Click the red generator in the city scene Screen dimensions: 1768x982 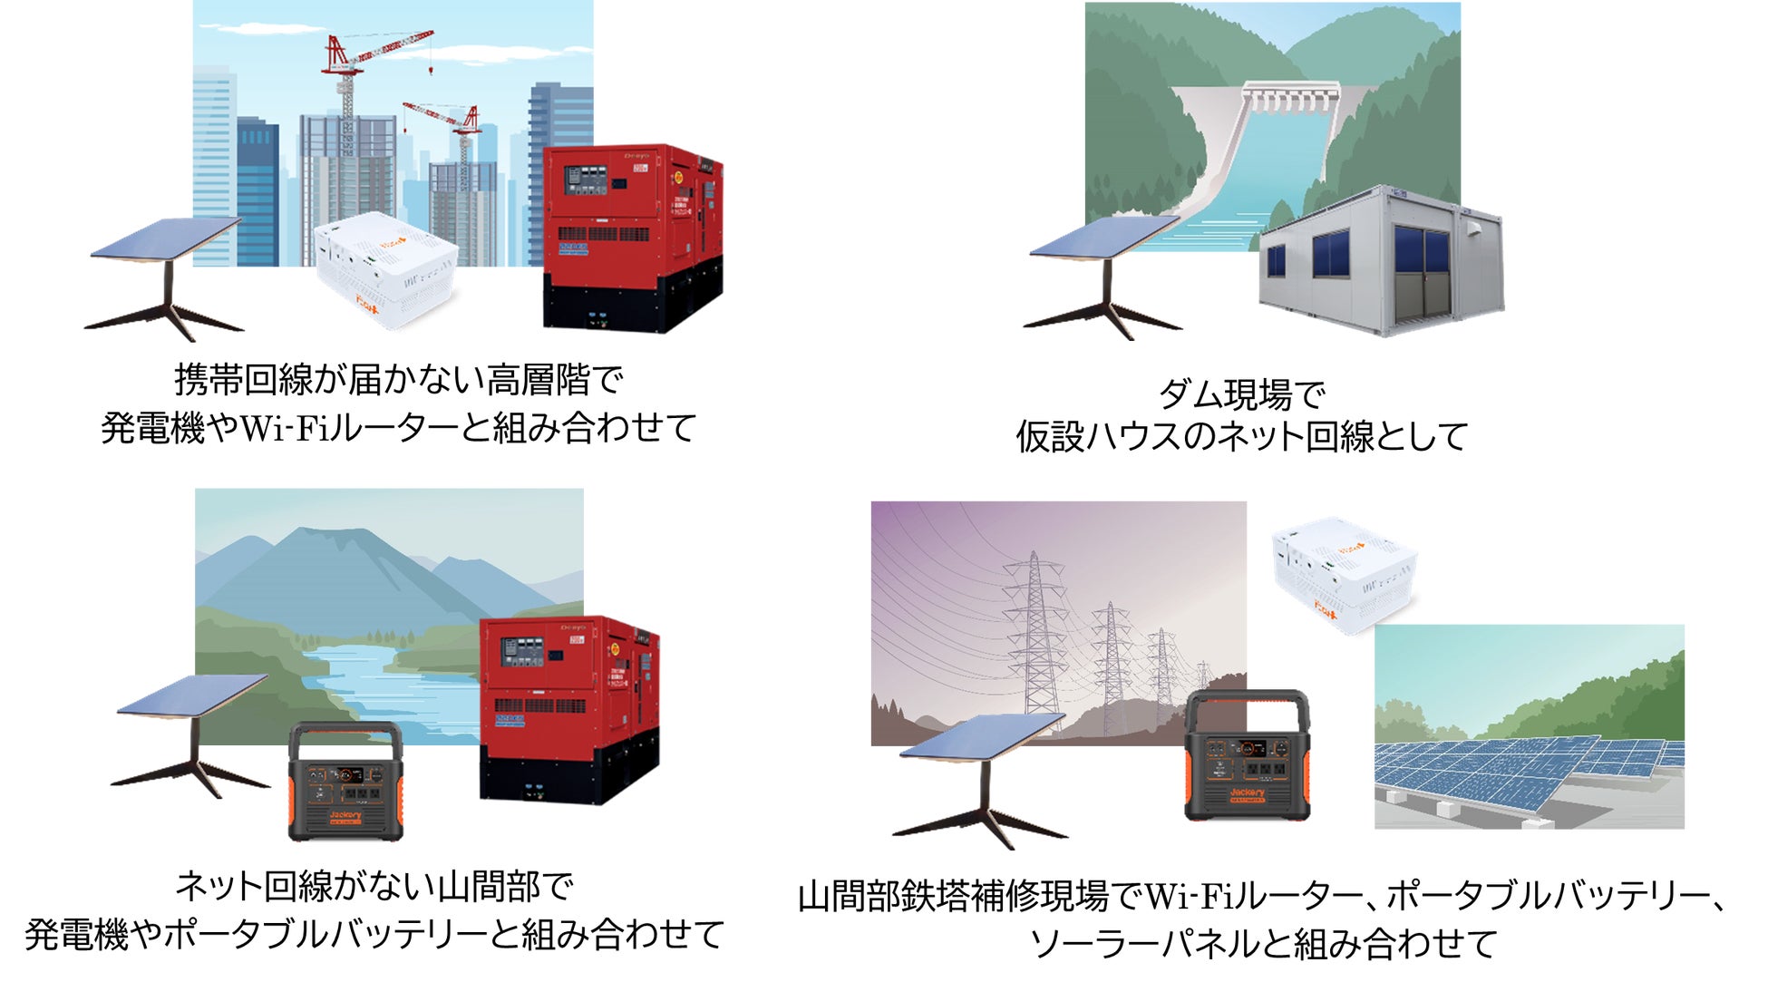pos(632,238)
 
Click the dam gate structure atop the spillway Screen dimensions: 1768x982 pos(1290,98)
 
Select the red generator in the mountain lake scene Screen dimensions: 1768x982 pos(568,708)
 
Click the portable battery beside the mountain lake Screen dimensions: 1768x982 pos(345,783)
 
